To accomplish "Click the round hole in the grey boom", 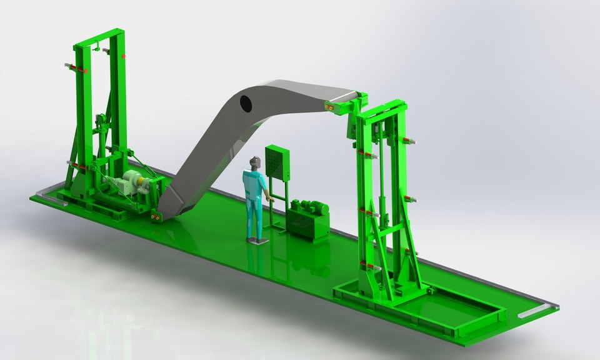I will click(246, 102).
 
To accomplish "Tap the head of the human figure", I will click(254, 162).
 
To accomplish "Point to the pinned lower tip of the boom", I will click(156, 216).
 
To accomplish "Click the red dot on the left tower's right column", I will click(124, 56).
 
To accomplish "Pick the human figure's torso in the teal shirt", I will click(252, 184).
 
